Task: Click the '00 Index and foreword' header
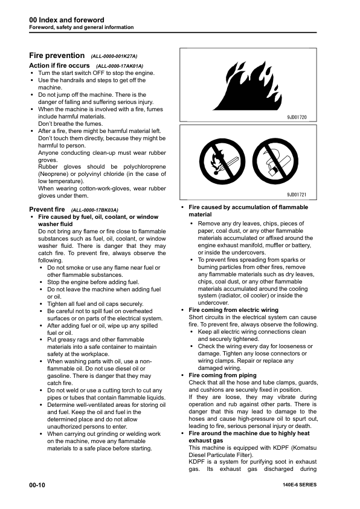[x=66, y=20]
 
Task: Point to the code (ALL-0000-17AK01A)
[x=120, y=65]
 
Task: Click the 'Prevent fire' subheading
[x=47, y=209]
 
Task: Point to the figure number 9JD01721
[x=297, y=195]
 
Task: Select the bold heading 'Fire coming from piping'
[x=222, y=375]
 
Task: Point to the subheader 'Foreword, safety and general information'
[x=82, y=28]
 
